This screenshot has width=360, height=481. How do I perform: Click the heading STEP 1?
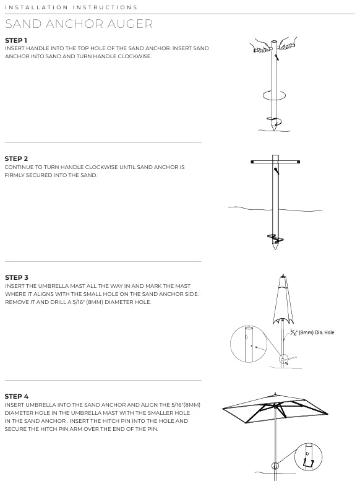(x=16, y=40)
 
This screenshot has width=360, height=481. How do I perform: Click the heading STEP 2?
(x=16, y=159)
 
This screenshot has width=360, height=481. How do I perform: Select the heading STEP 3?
(x=17, y=277)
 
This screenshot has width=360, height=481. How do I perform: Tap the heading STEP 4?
(x=17, y=396)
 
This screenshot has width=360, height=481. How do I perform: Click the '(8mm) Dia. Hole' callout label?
(x=316, y=332)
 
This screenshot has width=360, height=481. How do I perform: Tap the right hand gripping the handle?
(x=286, y=46)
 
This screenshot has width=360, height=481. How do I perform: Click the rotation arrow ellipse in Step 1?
(x=275, y=95)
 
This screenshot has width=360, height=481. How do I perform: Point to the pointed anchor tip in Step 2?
(x=275, y=246)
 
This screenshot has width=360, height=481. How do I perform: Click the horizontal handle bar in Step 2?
(x=275, y=162)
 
